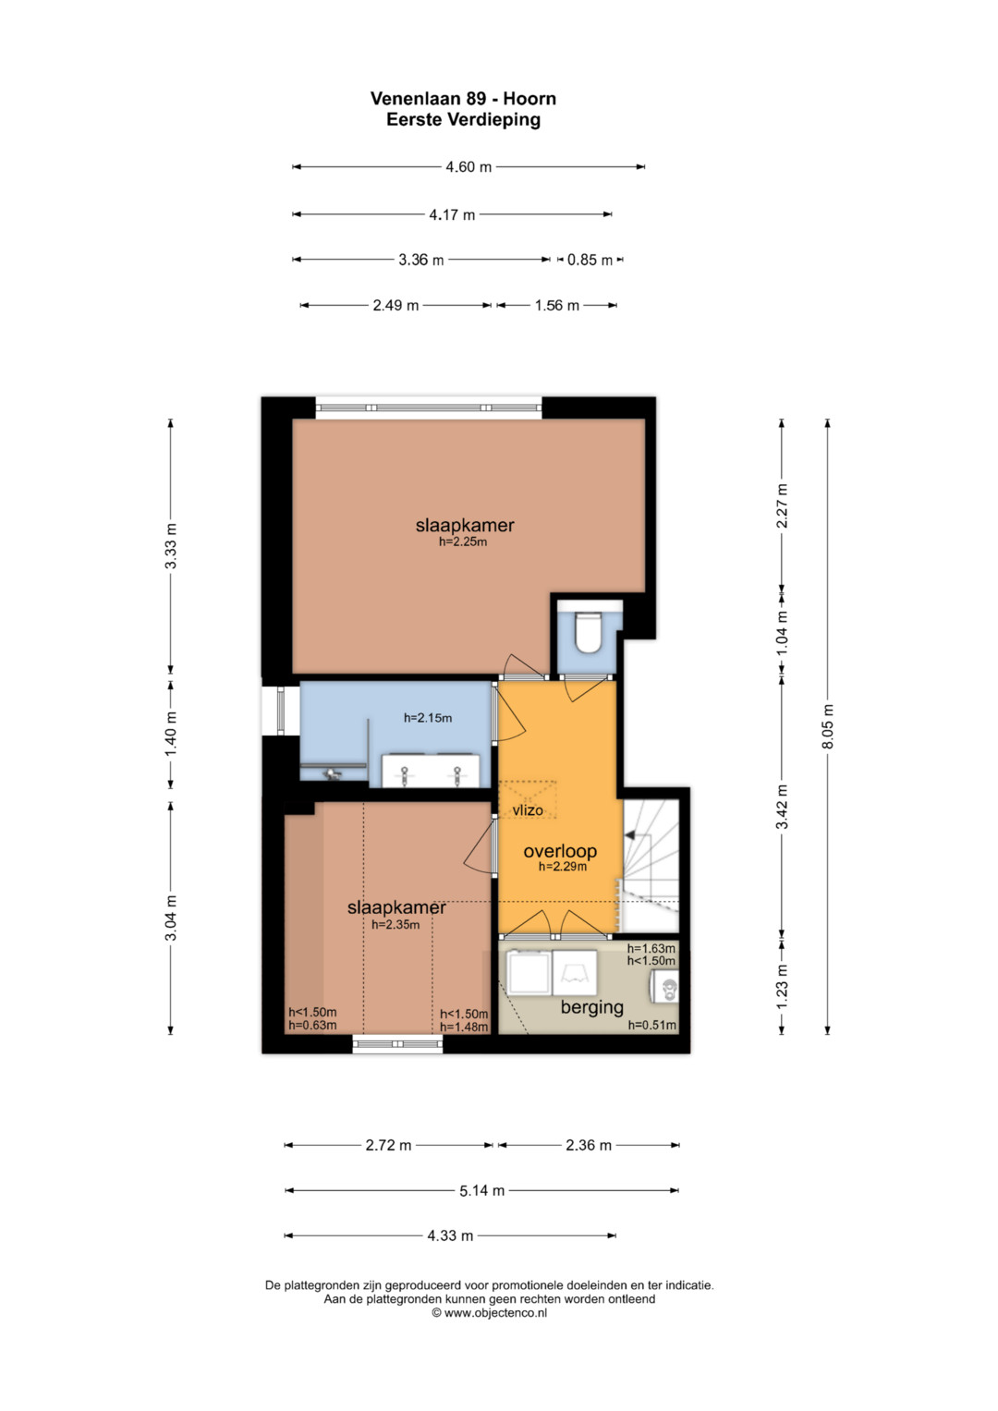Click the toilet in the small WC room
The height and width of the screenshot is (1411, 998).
pos(590,632)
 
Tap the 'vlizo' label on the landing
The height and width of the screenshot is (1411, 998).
pos(528,810)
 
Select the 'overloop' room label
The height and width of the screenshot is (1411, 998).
pos(560,851)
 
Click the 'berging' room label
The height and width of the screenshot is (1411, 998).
pos(591,1007)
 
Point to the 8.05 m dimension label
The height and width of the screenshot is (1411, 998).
pos(828,726)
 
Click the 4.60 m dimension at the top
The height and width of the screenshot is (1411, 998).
pos(469,167)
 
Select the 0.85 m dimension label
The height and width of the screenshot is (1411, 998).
pos(590,260)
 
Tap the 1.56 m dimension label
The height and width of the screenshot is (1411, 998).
pos(557,306)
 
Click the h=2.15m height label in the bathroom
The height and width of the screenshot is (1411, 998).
pos(428,718)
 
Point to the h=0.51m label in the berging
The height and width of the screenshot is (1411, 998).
pos(652,1026)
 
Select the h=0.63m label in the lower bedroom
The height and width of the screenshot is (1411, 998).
pos(312,1026)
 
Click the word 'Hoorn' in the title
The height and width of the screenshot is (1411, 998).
pos(529,99)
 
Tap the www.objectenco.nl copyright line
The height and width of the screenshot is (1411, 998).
pos(489,1313)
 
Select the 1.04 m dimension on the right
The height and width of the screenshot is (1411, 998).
pos(782,632)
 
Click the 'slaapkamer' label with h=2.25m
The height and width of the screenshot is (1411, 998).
pos(465,525)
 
